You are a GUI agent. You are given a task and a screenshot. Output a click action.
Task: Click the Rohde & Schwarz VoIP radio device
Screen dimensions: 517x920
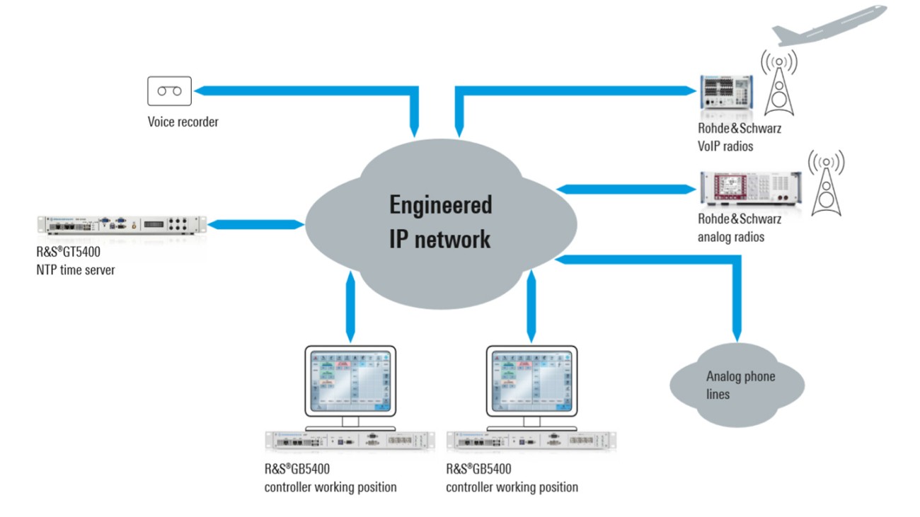pos(729,94)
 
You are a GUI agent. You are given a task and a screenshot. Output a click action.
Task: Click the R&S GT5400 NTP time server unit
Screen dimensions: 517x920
pos(121,224)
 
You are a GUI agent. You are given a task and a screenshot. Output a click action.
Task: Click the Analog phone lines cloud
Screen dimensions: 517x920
pos(736,385)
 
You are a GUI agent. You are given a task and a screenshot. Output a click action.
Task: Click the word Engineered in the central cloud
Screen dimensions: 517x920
pos(440,205)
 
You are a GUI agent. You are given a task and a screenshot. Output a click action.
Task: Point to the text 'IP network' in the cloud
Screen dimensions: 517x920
pos(439,239)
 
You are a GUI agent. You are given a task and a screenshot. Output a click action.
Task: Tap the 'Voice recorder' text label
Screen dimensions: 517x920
pos(183,122)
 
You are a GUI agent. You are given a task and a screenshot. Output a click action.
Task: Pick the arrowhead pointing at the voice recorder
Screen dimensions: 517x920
pos(201,91)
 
